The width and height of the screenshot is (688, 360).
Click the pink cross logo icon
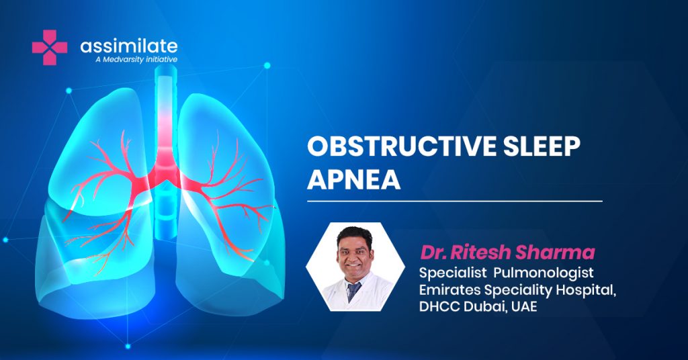click(x=50, y=48)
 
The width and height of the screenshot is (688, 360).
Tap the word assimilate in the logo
click(x=129, y=46)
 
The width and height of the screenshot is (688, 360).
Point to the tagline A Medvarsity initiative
click(x=136, y=59)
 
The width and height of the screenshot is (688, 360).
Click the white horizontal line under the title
click(x=455, y=201)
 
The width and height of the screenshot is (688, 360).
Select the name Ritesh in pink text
click(x=480, y=252)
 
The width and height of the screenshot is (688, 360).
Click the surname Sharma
click(x=555, y=252)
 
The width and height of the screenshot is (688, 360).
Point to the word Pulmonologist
click(x=543, y=273)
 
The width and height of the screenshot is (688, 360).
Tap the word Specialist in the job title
click(x=453, y=273)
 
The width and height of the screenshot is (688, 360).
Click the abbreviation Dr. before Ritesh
click(x=433, y=252)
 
